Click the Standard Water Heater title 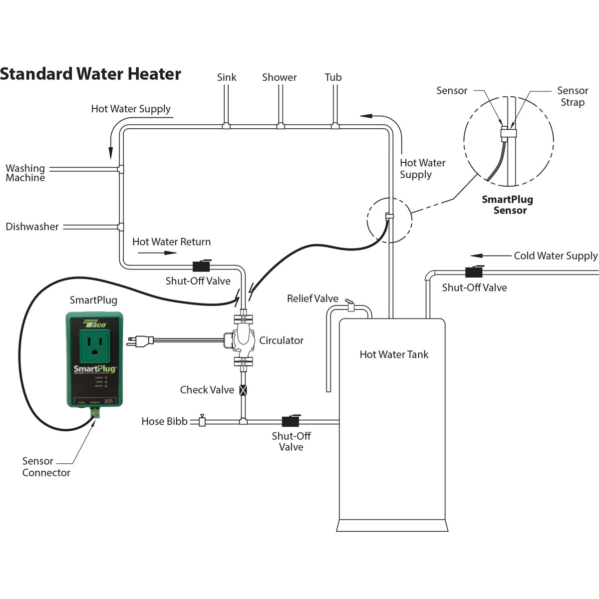coord(90,74)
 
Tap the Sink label coord(227,77)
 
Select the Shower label coord(279,77)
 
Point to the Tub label coord(333,77)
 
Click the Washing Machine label coord(25,173)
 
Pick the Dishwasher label coord(32,227)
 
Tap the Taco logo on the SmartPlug coord(95,323)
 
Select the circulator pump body coord(243,339)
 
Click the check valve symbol coord(243,390)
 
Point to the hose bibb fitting coord(202,421)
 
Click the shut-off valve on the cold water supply coord(473,272)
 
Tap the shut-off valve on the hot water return coord(201,267)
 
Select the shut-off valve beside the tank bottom coord(290,421)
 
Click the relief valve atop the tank coord(350,305)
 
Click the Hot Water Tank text coord(394,354)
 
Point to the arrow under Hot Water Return coord(157,253)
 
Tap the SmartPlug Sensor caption coord(508,205)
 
